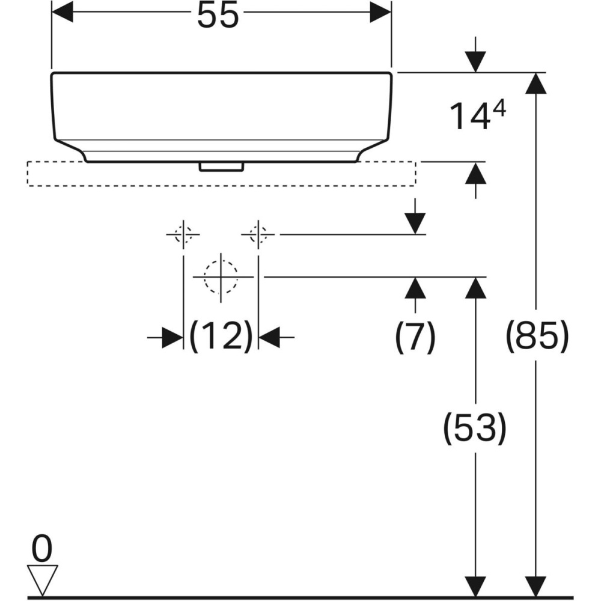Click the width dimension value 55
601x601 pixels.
pyautogui.click(x=218, y=16)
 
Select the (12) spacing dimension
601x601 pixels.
pyautogui.click(x=221, y=336)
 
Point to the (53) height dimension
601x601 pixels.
pyautogui.click(x=475, y=427)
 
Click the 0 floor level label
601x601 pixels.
pyautogui.click(x=43, y=548)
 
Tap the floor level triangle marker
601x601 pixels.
pyautogui.click(x=43, y=578)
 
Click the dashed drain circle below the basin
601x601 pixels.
pyautogui.click(x=221, y=277)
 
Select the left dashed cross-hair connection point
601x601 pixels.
pyautogui.click(x=183, y=234)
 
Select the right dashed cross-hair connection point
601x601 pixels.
pyautogui.click(x=258, y=234)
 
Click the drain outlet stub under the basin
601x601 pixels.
pyautogui.click(x=221, y=166)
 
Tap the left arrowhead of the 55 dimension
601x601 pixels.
pyautogui.click(x=63, y=12)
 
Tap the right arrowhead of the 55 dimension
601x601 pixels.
pyautogui.click(x=380, y=12)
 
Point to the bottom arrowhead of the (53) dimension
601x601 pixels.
pyautogui.click(x=475, y=587)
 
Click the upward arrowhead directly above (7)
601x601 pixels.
pyautogui.click(x=415, y=288)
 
